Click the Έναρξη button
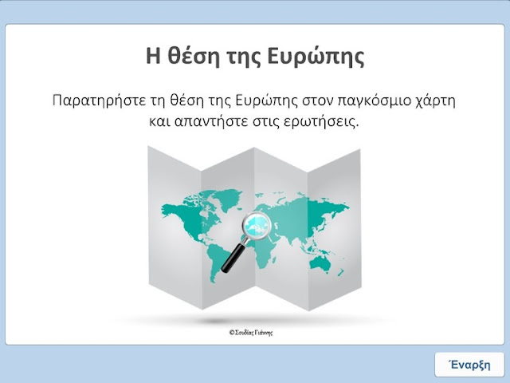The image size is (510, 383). click(x=469, y=364)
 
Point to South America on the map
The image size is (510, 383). click(x=217, y=257)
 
